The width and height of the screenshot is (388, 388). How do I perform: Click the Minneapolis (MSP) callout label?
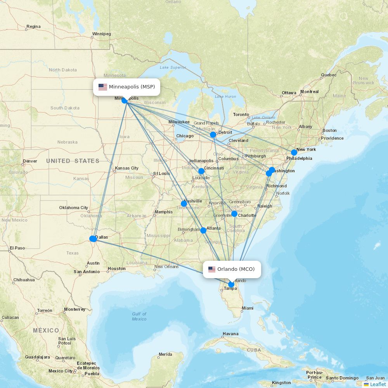(x=126, y=87)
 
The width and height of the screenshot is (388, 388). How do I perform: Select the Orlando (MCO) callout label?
(x=232, y=269)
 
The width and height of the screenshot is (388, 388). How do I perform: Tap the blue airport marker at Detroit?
(x=213, y=135)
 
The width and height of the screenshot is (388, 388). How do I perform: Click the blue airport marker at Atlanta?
(x=203, y=230)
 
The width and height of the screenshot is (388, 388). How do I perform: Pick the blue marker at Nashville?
(x=184, y=204)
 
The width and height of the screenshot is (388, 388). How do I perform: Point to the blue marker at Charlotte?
(x=234, y=214)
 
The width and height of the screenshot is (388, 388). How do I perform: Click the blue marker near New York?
(x=294, y=152)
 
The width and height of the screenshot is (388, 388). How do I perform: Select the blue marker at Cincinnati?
(x=201, y=171)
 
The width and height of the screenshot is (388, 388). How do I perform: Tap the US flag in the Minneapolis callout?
(x=103, y=87)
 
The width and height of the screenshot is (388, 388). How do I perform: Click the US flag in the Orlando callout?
(x=212, y=269)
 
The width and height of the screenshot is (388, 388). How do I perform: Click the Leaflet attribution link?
(x=378, y=384)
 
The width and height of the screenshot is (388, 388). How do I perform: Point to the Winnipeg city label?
(x=102, y=34)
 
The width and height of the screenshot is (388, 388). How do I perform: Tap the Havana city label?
(x=230, y=334)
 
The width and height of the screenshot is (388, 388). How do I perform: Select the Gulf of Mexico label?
(x=139, y=316)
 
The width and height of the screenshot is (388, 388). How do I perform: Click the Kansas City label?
(x=126, y=168)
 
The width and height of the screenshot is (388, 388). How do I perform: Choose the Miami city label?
(x=247, y=308)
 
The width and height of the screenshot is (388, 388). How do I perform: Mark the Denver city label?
(x=30, y=161)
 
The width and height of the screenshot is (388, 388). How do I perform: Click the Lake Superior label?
(x=173, y=67)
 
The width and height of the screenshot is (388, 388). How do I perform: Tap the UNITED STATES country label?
(x=73, y=161)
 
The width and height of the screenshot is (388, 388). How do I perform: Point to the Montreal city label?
(x=309, y=92)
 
